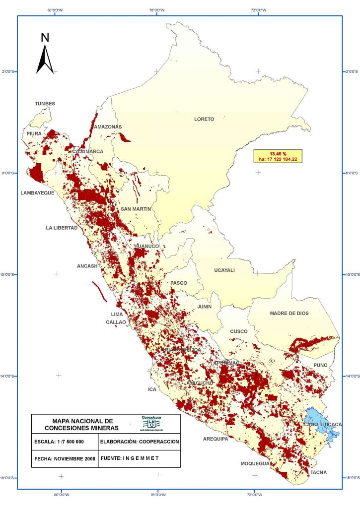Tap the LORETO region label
pos(204,119)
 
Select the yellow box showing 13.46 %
pos(278,156)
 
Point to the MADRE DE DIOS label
pos(290,314)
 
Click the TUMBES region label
pos(45,104)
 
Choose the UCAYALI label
pos(224,270)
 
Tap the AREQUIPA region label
pos(216,439)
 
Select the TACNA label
pos(319,472)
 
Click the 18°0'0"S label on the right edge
pos(351,478)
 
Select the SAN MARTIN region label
pos(136,209)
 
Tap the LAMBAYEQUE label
pos(37,193)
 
